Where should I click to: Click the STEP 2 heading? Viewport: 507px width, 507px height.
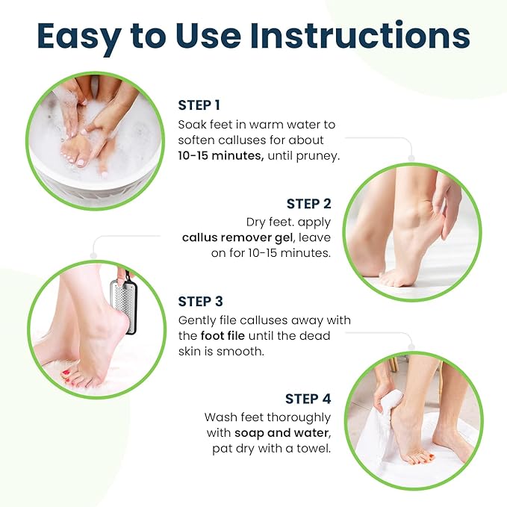[x=309, y=204]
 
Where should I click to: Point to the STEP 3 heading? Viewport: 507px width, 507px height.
[x=200, y=302]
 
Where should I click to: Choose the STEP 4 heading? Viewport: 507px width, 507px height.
[x=308, y=399]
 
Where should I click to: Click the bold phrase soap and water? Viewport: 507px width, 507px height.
[x=281, y=433]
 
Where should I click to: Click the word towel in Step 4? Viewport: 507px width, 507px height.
[x=314, y=450]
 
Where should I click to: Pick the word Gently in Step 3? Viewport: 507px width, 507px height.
[x=198, y=320]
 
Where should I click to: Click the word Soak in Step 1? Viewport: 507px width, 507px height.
[x=191, y=123]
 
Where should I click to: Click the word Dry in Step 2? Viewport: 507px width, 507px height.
[x=258, y=222]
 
